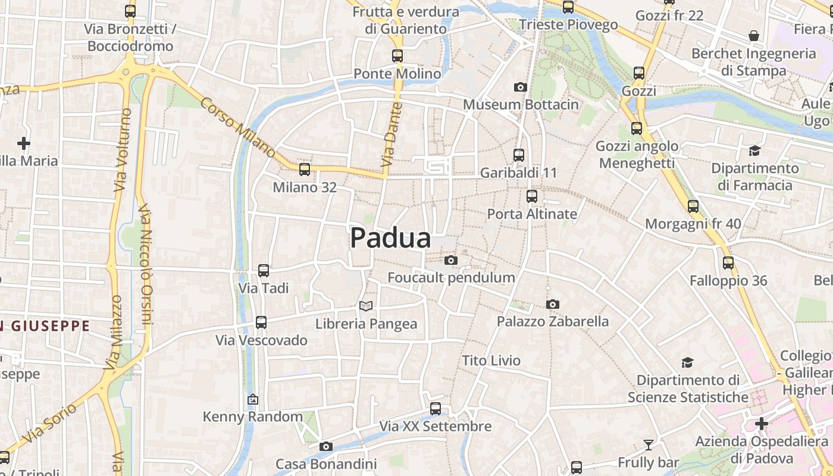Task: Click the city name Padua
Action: click(x=390, y=238)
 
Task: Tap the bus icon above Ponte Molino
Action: click(x=397, y=56)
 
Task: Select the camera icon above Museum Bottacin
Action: click(x=521, y=87)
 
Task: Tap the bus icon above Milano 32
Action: click(x=305, y=170)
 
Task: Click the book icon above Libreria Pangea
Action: click(x=366, y=306)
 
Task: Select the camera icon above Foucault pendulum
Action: click(x=451, y=260)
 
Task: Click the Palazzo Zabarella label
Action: click(x=553, y=322)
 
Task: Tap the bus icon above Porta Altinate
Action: click(x=532, y=196)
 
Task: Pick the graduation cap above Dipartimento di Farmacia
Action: click(x=754, y=151)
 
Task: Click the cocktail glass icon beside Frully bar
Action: click(x=648, y=444)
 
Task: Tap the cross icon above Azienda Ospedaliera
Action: click(x=761, y=424)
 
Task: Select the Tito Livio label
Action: click(x=491, y=361)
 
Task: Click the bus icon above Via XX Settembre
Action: click(x=436, y=409)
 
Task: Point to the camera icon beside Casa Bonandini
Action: click(x=325, y=447)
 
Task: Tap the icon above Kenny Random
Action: click(x=253, y=399)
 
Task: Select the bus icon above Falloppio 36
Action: click(x=728, y=263)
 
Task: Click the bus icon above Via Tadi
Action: click(x=264, y=271)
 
